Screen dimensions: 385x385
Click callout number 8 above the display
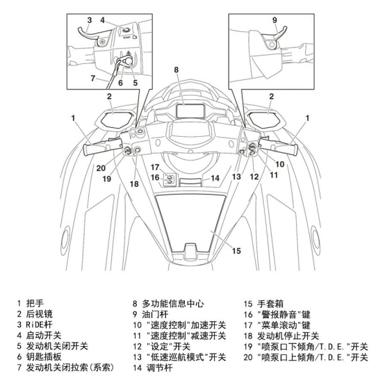point(176,69)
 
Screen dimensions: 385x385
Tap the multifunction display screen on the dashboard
point(190,111)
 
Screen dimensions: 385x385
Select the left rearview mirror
point(114,120)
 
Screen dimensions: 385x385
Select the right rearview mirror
point(266,120)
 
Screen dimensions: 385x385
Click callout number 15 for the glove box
point(236,251)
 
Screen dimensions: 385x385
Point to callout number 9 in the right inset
point(275,20)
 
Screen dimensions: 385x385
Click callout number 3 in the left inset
point(90,20)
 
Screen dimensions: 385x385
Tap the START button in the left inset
point(126,31)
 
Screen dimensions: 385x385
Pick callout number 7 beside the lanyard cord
point(92,78)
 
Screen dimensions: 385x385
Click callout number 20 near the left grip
point(101,168)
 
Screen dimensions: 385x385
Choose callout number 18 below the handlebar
point(134,183)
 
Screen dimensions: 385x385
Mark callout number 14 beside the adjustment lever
point(215,178)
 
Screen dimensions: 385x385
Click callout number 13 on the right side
point(236,177)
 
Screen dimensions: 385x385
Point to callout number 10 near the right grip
point(279,164)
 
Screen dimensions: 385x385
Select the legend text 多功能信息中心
point(173,304)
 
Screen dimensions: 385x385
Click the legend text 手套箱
point(270,304)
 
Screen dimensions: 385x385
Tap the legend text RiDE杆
point(39,325)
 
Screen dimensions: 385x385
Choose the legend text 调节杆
point(160,368)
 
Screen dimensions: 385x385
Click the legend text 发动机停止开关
point(288,336)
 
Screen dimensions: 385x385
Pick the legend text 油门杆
point(155,314)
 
